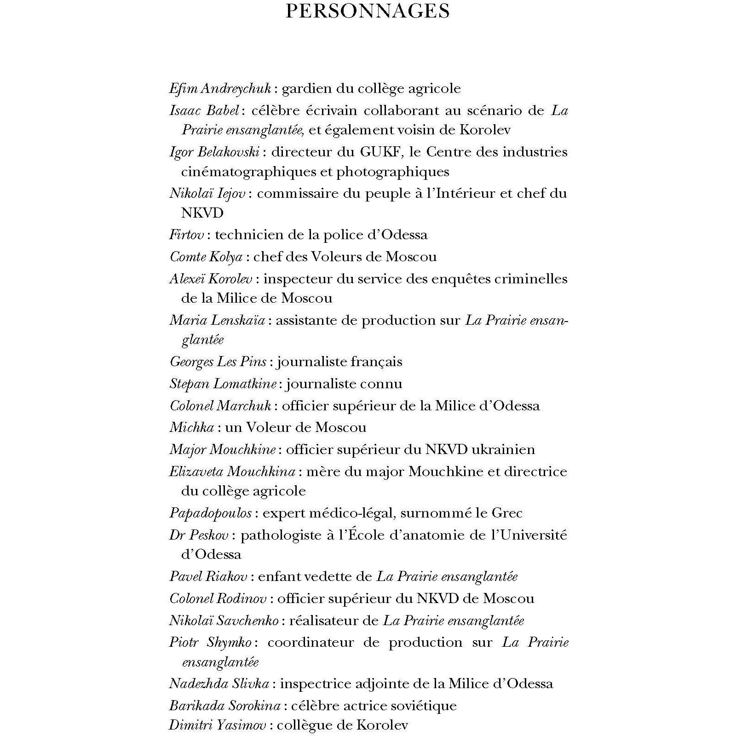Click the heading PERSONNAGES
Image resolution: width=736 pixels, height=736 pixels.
368,11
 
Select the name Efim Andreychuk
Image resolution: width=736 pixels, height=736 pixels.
220,88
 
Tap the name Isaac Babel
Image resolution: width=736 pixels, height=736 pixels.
204,110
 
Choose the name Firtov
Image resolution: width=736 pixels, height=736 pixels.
186,235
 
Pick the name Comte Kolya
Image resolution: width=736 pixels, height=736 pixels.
206,257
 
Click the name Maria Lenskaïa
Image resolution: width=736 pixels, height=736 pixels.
217,320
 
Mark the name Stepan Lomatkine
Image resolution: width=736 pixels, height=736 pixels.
223,384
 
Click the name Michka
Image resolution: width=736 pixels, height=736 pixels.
191,427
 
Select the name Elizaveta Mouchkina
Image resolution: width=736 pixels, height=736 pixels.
232,471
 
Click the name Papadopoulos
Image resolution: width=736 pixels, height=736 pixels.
210,513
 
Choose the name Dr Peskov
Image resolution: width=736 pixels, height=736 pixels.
200,535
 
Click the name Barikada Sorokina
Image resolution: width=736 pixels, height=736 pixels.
224,706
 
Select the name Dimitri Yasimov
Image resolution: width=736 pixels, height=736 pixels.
218,725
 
